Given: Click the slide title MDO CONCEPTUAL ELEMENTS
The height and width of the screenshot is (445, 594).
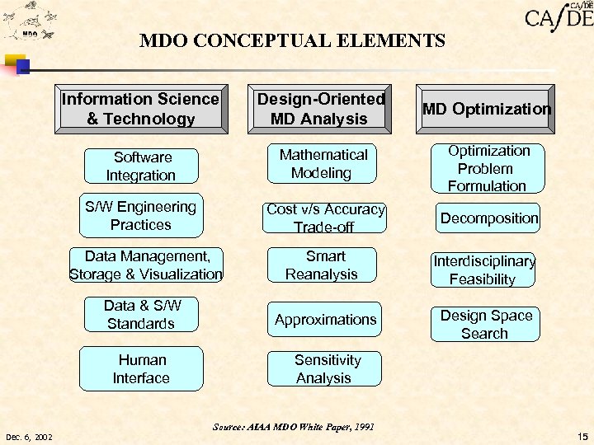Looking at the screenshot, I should (292, 40).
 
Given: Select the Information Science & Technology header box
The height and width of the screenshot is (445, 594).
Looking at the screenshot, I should (141, 109).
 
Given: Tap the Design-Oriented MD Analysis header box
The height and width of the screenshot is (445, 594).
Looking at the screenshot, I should (321, 109).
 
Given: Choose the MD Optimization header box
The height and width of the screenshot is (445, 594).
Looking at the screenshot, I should (486, 109).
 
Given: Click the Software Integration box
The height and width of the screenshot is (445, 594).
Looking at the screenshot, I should (141, 166).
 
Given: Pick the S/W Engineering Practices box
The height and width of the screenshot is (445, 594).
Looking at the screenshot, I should (141, 216).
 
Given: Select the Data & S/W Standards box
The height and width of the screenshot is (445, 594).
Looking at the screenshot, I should (141, 315).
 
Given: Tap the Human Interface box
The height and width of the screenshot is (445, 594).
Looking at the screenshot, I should (141, 368).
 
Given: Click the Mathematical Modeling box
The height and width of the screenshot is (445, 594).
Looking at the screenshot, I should (323, 164).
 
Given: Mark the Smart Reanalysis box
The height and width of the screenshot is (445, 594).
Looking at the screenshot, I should (322, 265).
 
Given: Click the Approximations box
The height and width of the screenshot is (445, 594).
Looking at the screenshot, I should (325, 319).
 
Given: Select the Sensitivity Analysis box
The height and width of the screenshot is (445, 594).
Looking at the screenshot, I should (325, 369).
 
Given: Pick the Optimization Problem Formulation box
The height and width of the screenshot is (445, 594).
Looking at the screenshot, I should (488, 168).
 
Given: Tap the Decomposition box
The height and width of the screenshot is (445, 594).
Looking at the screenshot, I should (488, 218).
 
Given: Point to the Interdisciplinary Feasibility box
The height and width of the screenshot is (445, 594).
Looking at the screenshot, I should (483, 269).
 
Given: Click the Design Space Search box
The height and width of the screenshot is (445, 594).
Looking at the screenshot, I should (485, 324).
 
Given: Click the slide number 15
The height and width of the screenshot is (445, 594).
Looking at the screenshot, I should (583, 436).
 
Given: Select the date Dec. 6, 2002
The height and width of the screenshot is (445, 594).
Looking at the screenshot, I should (29, 436).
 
